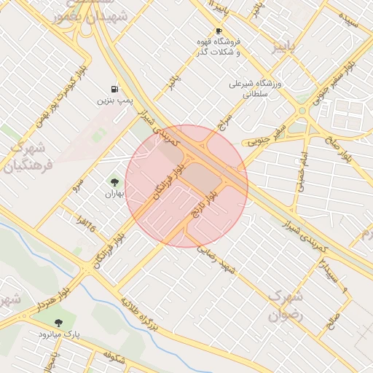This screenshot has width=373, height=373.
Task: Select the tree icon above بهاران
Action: tap(114, 181)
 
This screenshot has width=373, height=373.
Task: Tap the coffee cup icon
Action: tap(218, 31)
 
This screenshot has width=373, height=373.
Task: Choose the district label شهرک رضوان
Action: tap(285, 305)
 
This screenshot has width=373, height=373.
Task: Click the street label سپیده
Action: tap(353, 22)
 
